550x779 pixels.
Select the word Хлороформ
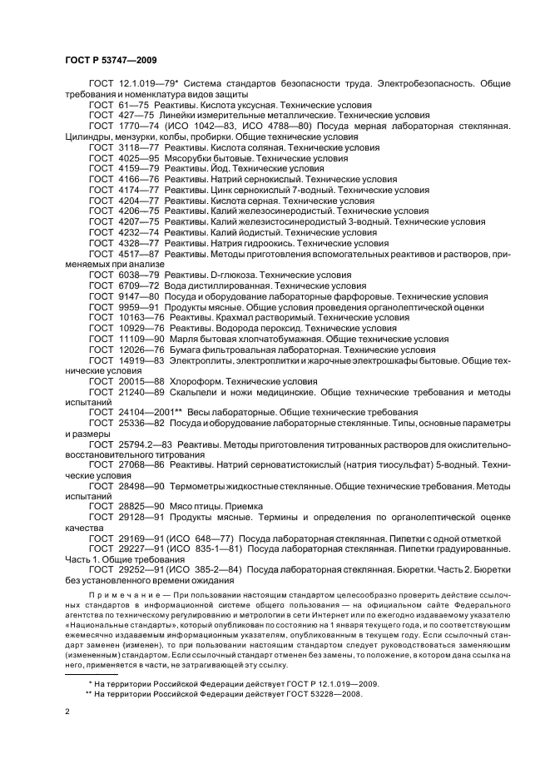pyautogui.click(x=196, y=381)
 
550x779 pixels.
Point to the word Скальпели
pyautogui.click(x=194, y=392)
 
